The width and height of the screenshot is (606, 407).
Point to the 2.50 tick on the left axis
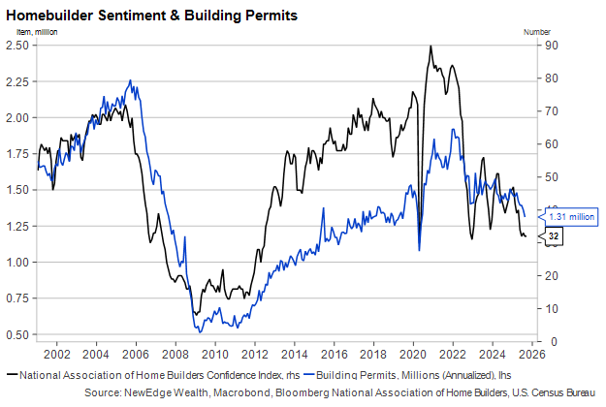[x=22, y=46]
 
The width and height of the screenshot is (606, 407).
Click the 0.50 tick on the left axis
[x=22, y=334]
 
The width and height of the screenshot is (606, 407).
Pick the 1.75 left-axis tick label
[x=22, y=153]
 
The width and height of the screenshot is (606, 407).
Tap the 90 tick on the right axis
[x=551, y=46]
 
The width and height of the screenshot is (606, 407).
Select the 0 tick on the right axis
[x=548, y=341]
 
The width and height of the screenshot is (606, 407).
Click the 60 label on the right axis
[x=551, y=143]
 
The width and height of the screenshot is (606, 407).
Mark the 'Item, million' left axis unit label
[x=30, y=32]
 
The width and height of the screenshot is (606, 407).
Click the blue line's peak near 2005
[x=130, y=80]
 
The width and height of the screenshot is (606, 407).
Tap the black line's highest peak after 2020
[x=430, y=47]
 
